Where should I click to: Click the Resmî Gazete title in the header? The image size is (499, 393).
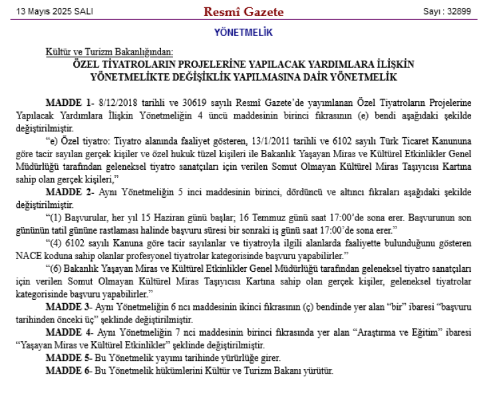(244, 12)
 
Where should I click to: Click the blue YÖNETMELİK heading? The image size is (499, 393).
(243, 32)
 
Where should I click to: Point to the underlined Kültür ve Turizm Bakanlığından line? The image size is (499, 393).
(109, 52)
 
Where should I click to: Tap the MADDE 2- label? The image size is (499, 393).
(69, 192)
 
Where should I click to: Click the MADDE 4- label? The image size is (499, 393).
(69, 332)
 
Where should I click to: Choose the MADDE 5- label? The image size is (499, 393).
(69, 357)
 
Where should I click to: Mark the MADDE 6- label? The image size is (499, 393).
(69, 370)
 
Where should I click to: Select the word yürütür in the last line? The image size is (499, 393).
(318, 370)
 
